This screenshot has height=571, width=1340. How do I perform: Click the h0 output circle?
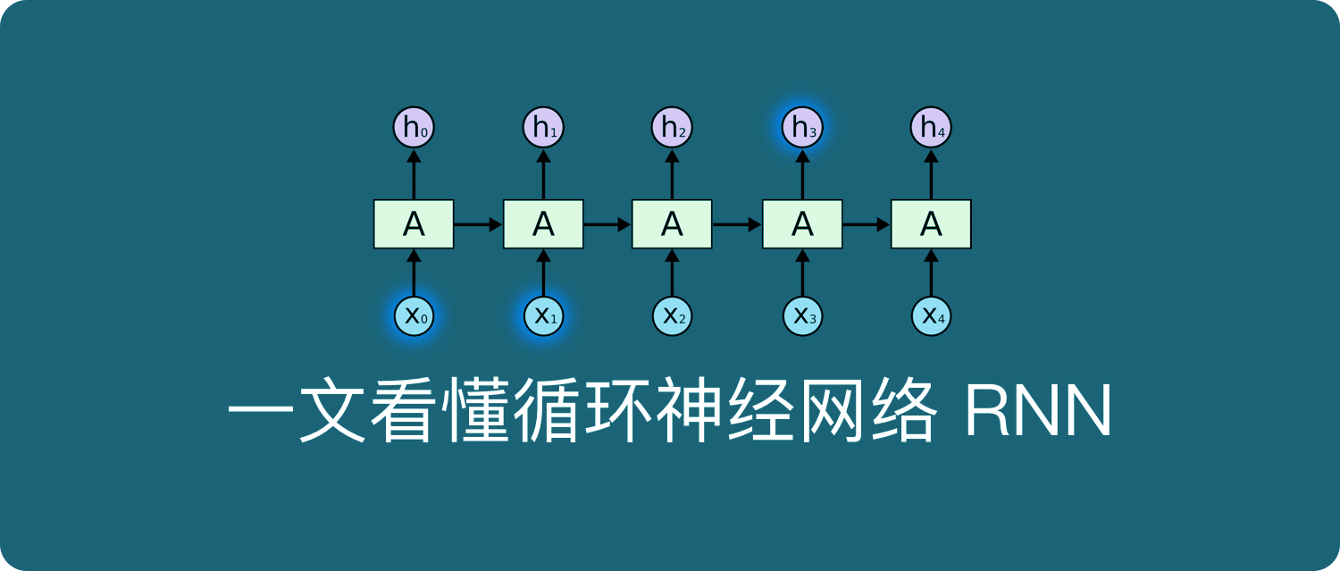pyautogui.click(x=414, y=129)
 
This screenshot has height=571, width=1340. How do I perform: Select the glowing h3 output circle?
pyautogui.click(x=802, y=129)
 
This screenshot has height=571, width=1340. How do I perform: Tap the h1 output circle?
pyautogui.click(x=543, y=129)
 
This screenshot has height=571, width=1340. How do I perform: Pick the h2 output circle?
pyautogui.click(x=672, y=129)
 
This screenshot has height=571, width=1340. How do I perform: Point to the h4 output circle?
pyautogui.click(x=931, y=129)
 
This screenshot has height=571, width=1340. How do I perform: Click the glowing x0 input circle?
pyautogui.click(x=414, y=315)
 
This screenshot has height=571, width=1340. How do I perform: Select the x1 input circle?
pyautogui.click(x=543, y=315)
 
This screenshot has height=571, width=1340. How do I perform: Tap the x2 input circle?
pyautogui.click(x=672, y=315)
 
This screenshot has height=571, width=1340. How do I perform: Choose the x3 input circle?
pyautogui.click(x=802, y=315)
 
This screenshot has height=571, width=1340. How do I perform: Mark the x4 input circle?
pyautogui.click(x=931, y=315)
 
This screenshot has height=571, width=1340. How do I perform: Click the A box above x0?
pyautogui.click(x=414, y=224)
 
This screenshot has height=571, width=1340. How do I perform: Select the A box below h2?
pyautogui.click(x=672, y=224)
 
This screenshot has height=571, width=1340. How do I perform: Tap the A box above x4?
pyautogui.click(x=931, y=224)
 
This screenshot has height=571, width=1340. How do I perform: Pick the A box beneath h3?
pyautogui.click(x=802, y=224)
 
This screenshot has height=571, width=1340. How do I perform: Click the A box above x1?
pyautogui.click(x=543, y=224)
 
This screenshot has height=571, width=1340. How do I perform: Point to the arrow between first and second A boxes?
pyautogui.click(x=478, y=224)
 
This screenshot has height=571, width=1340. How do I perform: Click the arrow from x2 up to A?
pyautogui.click(x=672, y=273)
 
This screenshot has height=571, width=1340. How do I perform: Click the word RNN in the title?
pyautogui.click(x=1038, y=414)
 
